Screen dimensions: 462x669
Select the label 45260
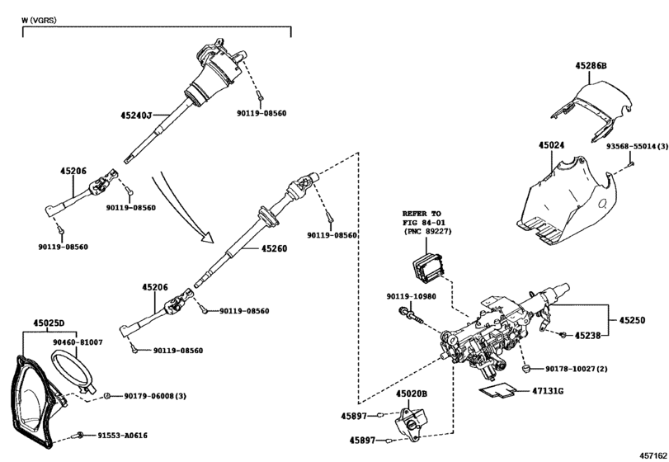click(275, 247)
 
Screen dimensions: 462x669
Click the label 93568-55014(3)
click(636, 145)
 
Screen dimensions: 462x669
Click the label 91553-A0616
click(122, 435)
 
